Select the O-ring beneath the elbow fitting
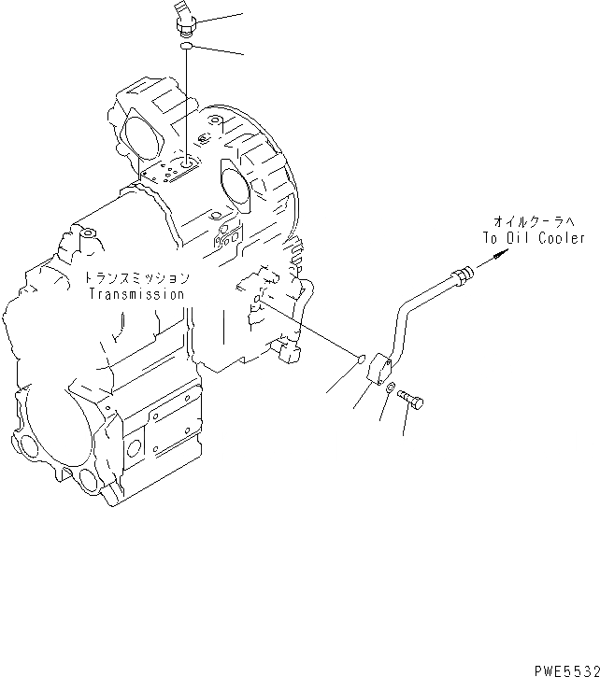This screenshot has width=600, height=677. (187, 43)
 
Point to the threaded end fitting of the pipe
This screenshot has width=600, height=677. (462, 275)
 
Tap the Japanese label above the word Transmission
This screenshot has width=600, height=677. (136, 278)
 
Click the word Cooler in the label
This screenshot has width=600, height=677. (561, 238)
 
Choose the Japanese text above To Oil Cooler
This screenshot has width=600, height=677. (536, 222)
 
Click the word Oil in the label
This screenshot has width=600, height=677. (521, 238)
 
